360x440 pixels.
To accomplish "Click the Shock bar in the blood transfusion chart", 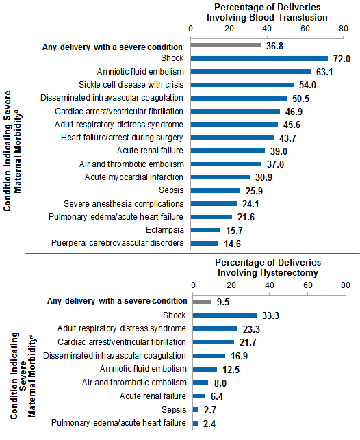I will click(259, 59).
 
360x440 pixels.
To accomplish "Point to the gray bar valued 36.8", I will click(225, 45).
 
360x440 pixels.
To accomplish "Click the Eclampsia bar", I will click(205, 230).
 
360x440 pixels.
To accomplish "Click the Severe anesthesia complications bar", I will click(213, 203).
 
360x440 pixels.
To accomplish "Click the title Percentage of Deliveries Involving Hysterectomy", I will click(268, 268).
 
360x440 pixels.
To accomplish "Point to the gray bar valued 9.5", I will click(202, 301).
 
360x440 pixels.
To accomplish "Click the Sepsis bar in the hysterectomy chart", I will click(196, 409).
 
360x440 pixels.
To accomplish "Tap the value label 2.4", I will click(210, 423).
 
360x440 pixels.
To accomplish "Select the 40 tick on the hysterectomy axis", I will click(268, 286).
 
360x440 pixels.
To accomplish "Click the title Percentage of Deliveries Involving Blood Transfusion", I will click(267, 12).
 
